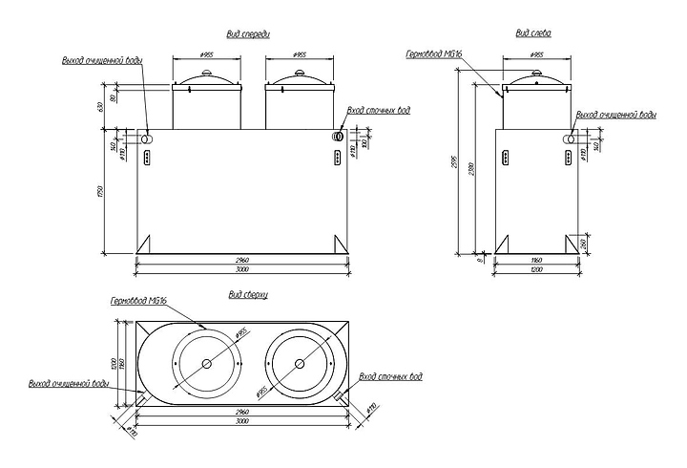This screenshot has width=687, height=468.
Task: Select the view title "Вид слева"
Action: click(534, 33)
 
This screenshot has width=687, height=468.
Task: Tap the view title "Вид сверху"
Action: click(248, 295)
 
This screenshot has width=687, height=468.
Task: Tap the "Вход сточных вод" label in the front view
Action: click(379, 109)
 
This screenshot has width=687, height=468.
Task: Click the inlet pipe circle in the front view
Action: click(338, 138)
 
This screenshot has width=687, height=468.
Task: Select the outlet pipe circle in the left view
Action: click(571, 139)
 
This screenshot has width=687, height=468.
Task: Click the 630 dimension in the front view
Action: click(100, 104)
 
